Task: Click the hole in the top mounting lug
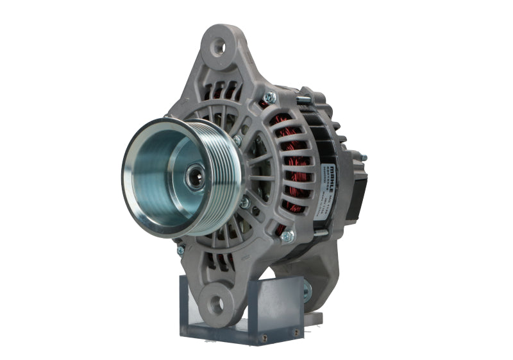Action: [219, 46]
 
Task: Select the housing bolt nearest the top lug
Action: [270, 98]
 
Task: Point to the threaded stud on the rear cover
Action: [364, 157]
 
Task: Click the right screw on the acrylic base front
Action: [296, 332]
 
